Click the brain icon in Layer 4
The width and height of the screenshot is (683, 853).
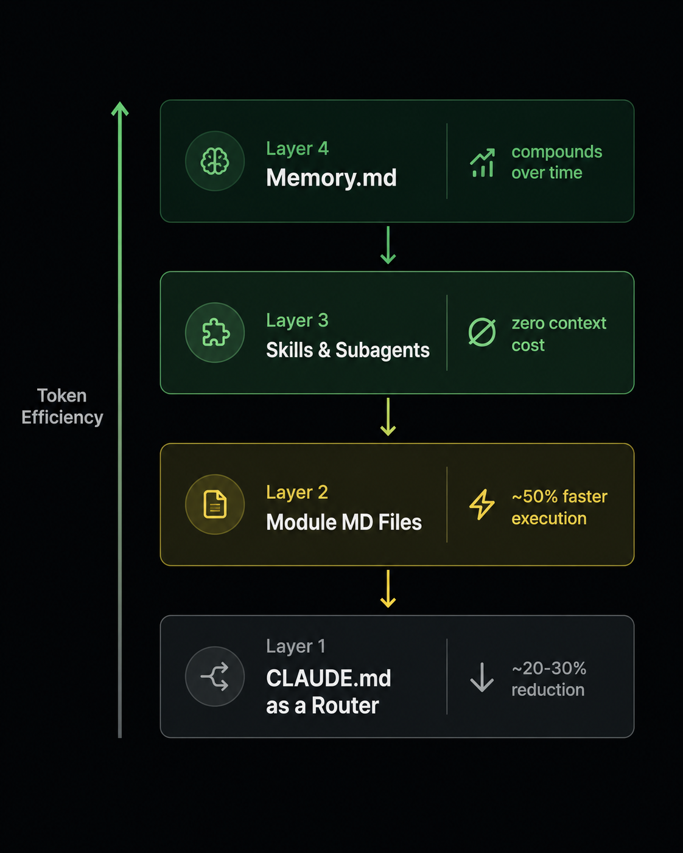tap(214, 161)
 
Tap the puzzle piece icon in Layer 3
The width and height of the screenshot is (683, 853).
tap(215, 332)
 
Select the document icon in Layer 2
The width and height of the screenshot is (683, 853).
tap(215, 504)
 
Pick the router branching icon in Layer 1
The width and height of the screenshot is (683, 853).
tap(214, 676)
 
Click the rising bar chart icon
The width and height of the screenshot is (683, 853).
tap(482, 162)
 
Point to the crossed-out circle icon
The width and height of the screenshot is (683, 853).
tap(482, 332)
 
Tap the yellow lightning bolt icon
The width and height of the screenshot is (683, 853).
tap(482, 504)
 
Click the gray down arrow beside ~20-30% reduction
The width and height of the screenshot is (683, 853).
tap(482, 677)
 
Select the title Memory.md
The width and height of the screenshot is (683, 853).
tap(331, 178)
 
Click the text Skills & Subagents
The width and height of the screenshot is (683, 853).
tap(348, 350)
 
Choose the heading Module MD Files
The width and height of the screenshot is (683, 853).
tap(344, 521)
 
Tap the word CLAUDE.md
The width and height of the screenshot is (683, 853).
tap(328, 678)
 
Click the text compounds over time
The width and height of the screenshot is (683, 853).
tap(556, 162)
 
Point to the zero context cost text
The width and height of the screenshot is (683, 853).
tap(558, 334)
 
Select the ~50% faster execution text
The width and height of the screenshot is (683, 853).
tap(559, 507)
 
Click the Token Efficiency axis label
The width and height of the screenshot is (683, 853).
tap(62, 406)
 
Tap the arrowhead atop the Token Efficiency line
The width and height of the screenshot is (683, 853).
tap(120, 109)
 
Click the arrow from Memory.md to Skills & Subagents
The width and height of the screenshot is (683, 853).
tap(388, 245)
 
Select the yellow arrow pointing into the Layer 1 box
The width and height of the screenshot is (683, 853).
tap(388, 588)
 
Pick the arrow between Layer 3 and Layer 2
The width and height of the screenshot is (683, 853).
tap(388, 417)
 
